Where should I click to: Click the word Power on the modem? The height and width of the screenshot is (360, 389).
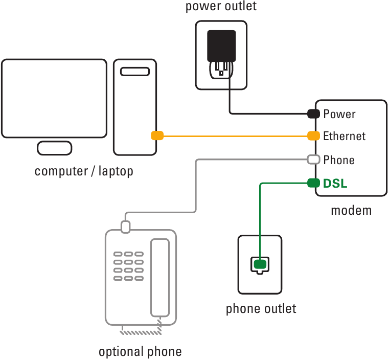point(339,114)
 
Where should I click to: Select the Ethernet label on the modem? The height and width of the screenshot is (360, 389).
point(345,136)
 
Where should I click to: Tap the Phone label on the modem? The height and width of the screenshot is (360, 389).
point(339,160)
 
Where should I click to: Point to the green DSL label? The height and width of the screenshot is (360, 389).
point(335,183)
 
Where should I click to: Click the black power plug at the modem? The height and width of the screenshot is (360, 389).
point(313,114)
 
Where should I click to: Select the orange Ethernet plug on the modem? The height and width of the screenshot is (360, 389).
point(313,136)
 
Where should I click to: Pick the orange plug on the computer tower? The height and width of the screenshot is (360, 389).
point(157,136)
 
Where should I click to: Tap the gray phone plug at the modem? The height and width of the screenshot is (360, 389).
point(313,160)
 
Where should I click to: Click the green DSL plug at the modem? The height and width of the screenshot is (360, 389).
point(313,183)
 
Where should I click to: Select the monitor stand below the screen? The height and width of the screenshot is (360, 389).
point(55,148)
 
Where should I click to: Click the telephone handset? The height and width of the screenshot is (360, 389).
point(159,277)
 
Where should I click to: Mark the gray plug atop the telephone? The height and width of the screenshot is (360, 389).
point(126,226)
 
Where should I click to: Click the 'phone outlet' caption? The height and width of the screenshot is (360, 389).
point(261,309)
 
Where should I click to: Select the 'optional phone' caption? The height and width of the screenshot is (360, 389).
point(140,352)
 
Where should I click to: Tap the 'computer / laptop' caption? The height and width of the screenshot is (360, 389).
point(84,171)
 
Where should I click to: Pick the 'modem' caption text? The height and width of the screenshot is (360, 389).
point(351,210)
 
